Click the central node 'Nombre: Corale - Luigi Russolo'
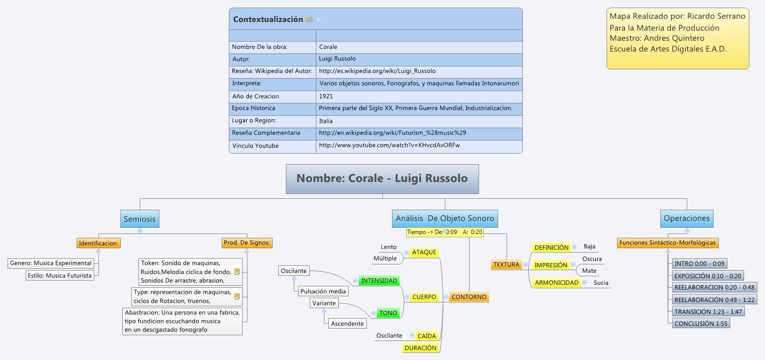coord(382,179)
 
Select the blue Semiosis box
coord(139,219)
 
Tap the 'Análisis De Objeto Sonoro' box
coord(445,218)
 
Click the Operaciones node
coord(686,218)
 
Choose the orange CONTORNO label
coord(469,297)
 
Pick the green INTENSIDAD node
coord(379,281)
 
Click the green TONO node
coord(388,313)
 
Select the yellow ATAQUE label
coord(424,252)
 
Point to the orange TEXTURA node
coord(506,264)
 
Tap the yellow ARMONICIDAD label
coord(556,282)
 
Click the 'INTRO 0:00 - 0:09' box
coord(699,263)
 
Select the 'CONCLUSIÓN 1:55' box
coord(700,323)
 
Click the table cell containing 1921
coord(326,96)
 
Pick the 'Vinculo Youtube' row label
coord(255,146)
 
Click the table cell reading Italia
coord(326,121)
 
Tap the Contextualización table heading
coord(268,19)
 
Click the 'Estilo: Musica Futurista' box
coord(59,275)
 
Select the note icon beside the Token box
coord(237,272)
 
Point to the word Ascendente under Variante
coord(347,323)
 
